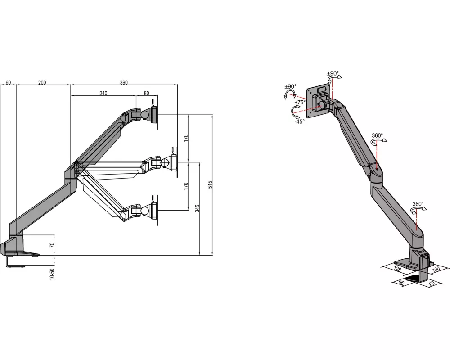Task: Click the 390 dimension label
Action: tap(124, 83)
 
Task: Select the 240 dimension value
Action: tap(103, 93)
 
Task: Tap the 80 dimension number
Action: tap(146, 93)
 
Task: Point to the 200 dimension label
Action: tap(42, 83)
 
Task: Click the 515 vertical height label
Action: tap(210, 184)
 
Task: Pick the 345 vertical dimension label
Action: tap(197, 208)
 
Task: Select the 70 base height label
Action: tap(52, 245)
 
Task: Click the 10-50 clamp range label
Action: tap(52, 274)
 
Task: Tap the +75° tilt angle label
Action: tap(300, 103)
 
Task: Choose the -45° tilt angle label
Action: tap(299, 121)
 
